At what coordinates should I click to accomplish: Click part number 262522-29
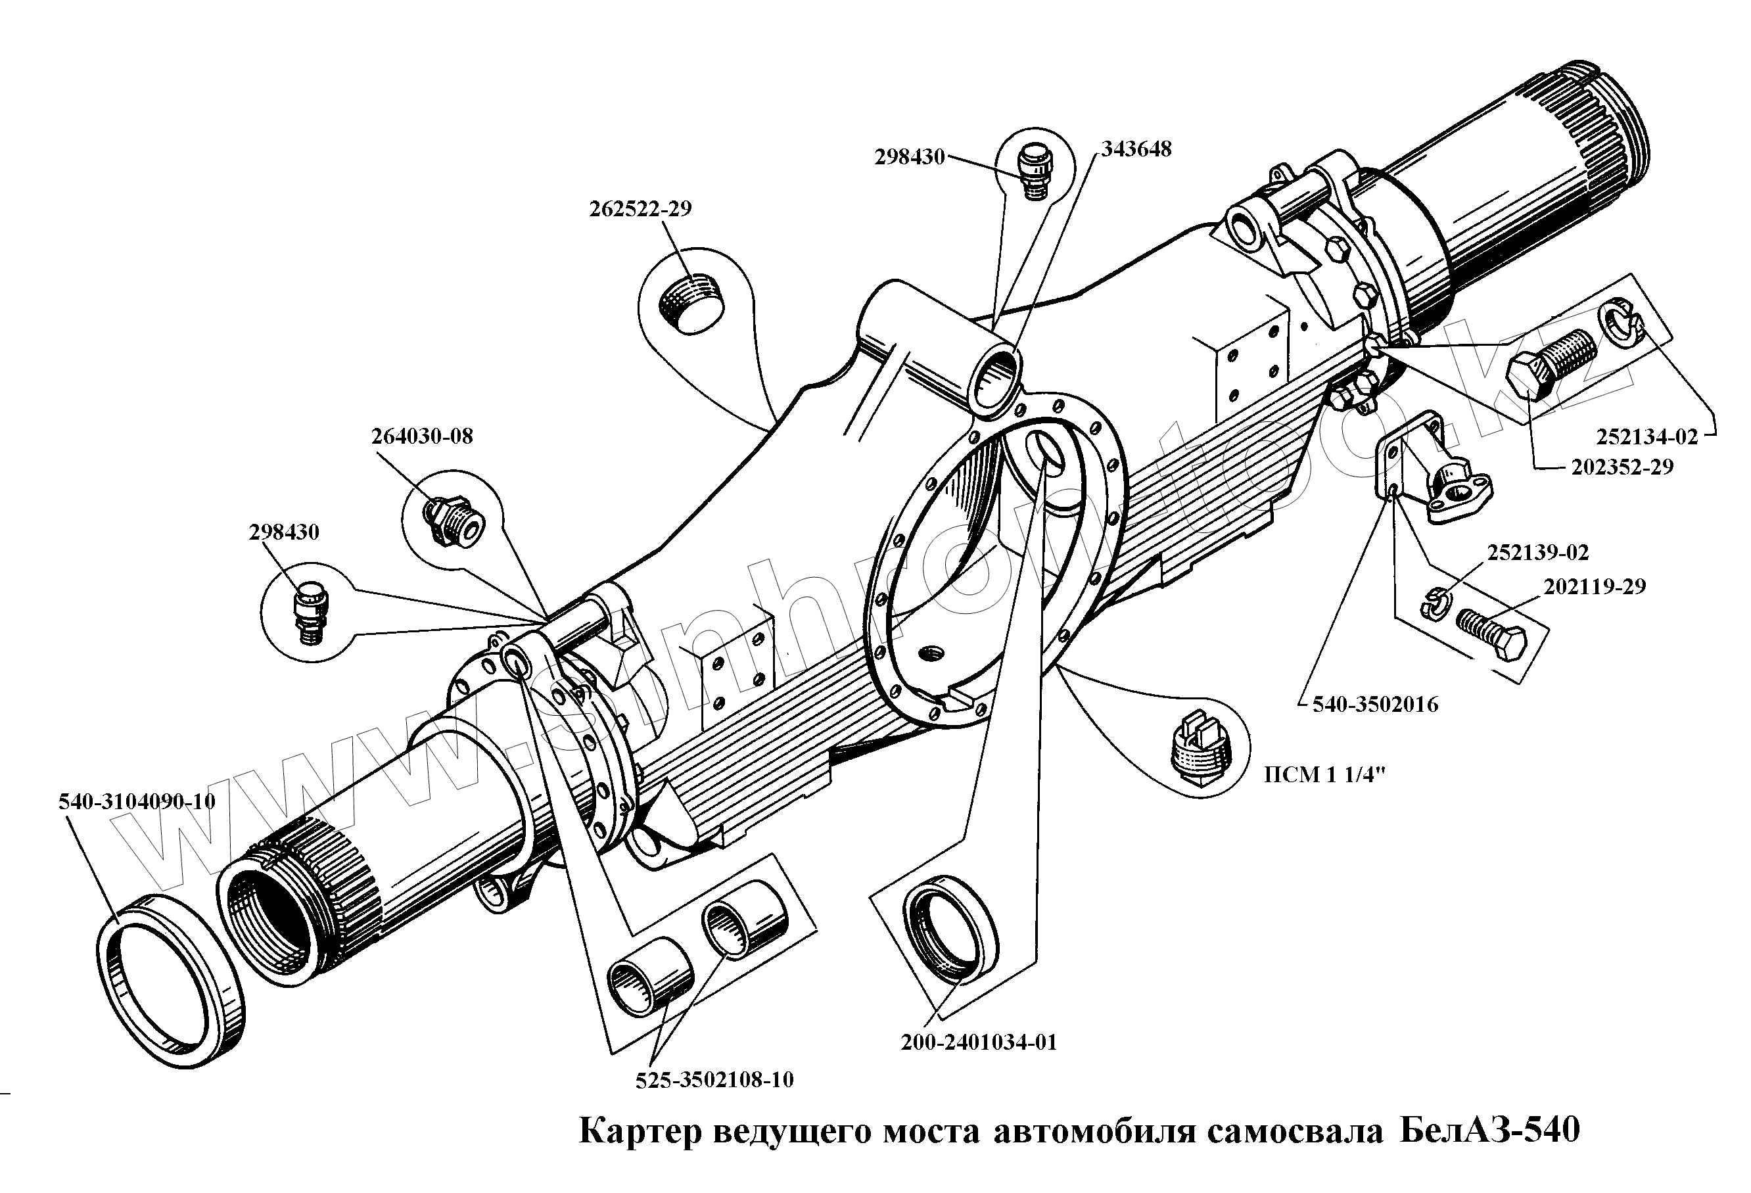pyautogui.click(x=640, y=209)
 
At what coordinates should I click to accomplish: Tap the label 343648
pyautogui.click(x=1136, y=149)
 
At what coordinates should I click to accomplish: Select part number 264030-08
pyautogui.click(x=422, y=436)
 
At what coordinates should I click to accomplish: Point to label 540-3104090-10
pyautogui.click(x=137, y=801)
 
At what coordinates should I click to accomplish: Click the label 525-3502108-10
pyautogui.click(x=714, y=1080)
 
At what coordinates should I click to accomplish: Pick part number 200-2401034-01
pyautogui.click(x=979, y=1042)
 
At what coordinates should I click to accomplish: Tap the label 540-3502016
pyautogui.click(x=1375, y=705)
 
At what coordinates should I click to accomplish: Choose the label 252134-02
pyautogui.click(x=1647, y=436)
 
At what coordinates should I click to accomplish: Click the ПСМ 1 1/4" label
pyautogui.click(x=1324, y=775)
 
